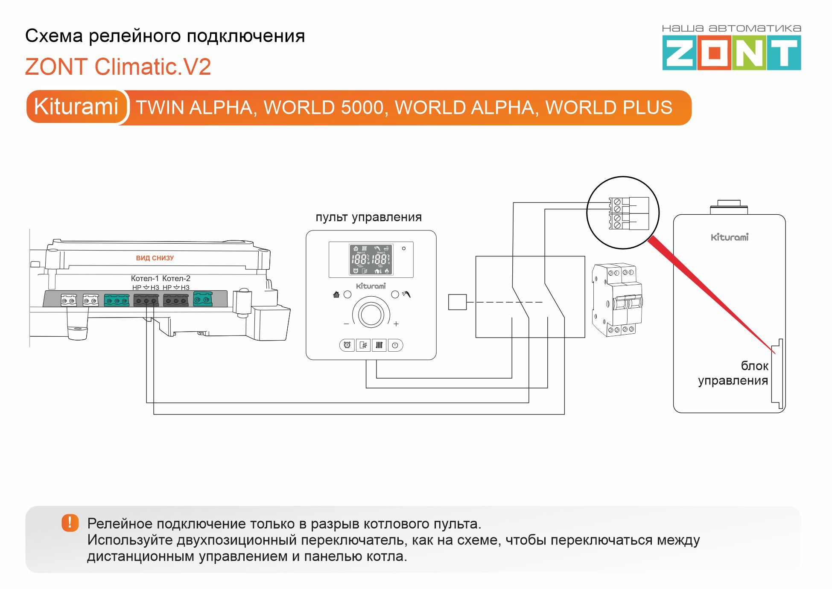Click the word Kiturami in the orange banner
[76, 107]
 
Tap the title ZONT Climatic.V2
[118, 67]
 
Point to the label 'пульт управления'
[368, 217]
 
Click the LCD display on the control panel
[371, 260]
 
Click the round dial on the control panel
[371, 315]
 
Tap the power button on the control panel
[395, 345]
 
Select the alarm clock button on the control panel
[347, 345]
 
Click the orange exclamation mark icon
[70, 522]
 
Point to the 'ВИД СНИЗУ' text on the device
[155, 258]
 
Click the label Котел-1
[144, 278]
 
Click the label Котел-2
[176, 278]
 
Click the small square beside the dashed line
[457, 302]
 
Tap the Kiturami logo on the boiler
[730, 237]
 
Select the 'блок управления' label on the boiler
[733, 373]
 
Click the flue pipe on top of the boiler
[729, 207]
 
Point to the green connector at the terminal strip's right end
[203, 299]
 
